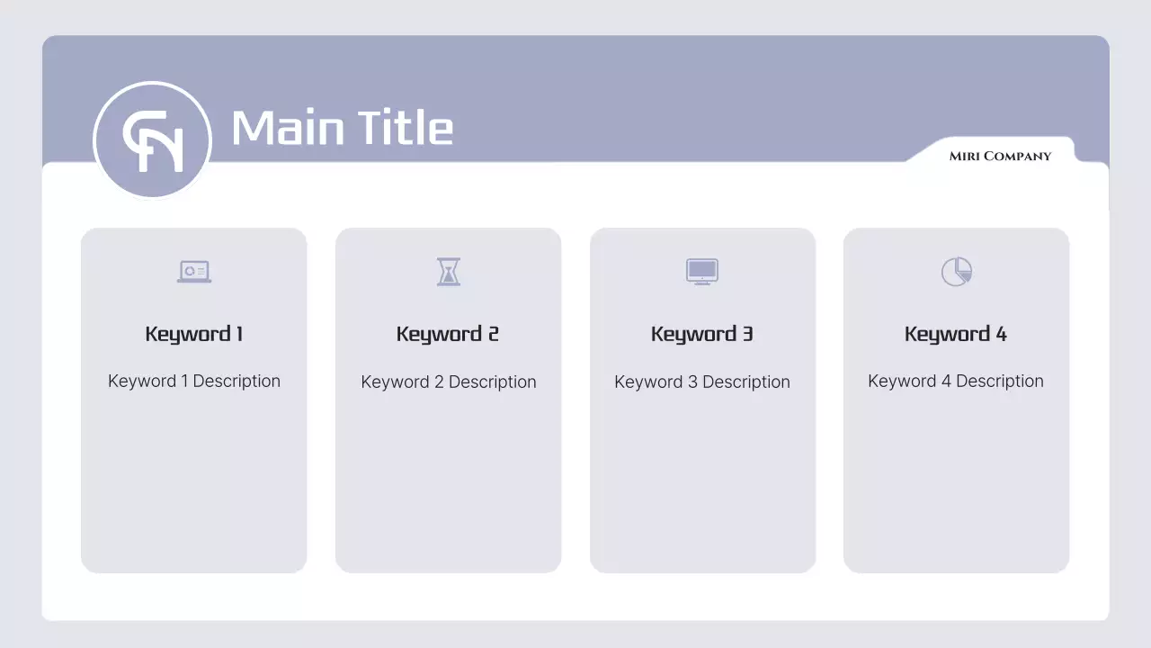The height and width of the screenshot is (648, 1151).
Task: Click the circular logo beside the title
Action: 152,140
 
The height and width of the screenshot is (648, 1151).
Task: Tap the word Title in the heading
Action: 405,128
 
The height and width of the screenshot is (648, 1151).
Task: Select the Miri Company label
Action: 1000,157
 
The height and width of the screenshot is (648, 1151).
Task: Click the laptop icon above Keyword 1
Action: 194,271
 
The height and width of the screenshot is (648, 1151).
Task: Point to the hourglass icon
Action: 449,271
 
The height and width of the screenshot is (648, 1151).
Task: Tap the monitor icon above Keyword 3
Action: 702,271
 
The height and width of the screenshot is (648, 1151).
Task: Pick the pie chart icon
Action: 956,271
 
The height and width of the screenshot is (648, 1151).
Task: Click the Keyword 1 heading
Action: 194,334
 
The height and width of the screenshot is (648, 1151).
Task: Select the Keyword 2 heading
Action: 448,334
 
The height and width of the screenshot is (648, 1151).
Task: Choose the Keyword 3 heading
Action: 702,334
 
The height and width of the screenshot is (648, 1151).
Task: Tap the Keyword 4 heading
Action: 956,334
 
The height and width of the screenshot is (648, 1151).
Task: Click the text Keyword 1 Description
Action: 194,381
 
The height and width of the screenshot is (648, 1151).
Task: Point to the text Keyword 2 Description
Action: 449,382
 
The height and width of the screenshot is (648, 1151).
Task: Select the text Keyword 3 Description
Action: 702,382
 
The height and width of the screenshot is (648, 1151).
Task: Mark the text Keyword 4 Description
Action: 956,381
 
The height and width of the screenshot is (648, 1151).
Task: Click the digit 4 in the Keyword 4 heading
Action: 1001,334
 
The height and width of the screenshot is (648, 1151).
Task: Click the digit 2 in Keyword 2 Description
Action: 439,382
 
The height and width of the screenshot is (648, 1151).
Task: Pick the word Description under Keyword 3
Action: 746,382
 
